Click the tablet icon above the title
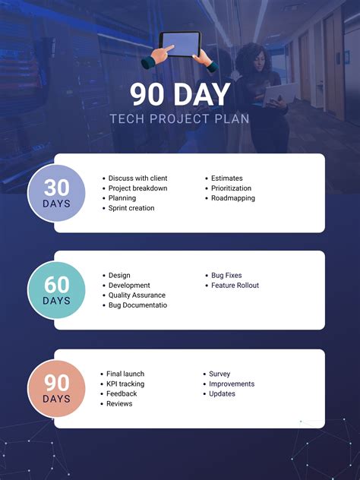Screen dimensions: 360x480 click(180, 52)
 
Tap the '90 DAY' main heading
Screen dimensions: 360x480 click(180, 95)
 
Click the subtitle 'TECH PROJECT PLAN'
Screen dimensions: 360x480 click(179, 118)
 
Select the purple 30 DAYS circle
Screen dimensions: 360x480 click(56, 193)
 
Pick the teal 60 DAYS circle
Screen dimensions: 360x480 click(56, 290)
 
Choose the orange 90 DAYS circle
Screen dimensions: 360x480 click(56, 388)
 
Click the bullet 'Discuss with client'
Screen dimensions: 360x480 click(137, 178)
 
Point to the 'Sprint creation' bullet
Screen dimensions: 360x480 click(131, 208)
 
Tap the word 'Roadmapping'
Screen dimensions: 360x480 click(233, 198)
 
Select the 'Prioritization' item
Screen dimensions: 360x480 click(231, 188)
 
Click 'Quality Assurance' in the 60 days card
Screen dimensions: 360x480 click(137, 295)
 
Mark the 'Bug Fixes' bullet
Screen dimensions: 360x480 click(226, 276)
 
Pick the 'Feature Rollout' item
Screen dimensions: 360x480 click(235, 286)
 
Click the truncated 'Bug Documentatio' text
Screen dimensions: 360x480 click(137, 305)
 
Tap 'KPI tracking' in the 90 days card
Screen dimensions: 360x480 click(125, 384)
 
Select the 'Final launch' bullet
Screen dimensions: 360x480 click(125, 374)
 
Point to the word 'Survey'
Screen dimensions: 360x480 click(219, 374)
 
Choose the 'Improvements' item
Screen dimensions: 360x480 click(232, 384)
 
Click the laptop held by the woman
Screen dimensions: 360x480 click(279, 94)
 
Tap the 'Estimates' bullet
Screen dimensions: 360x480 click(227, 178)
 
